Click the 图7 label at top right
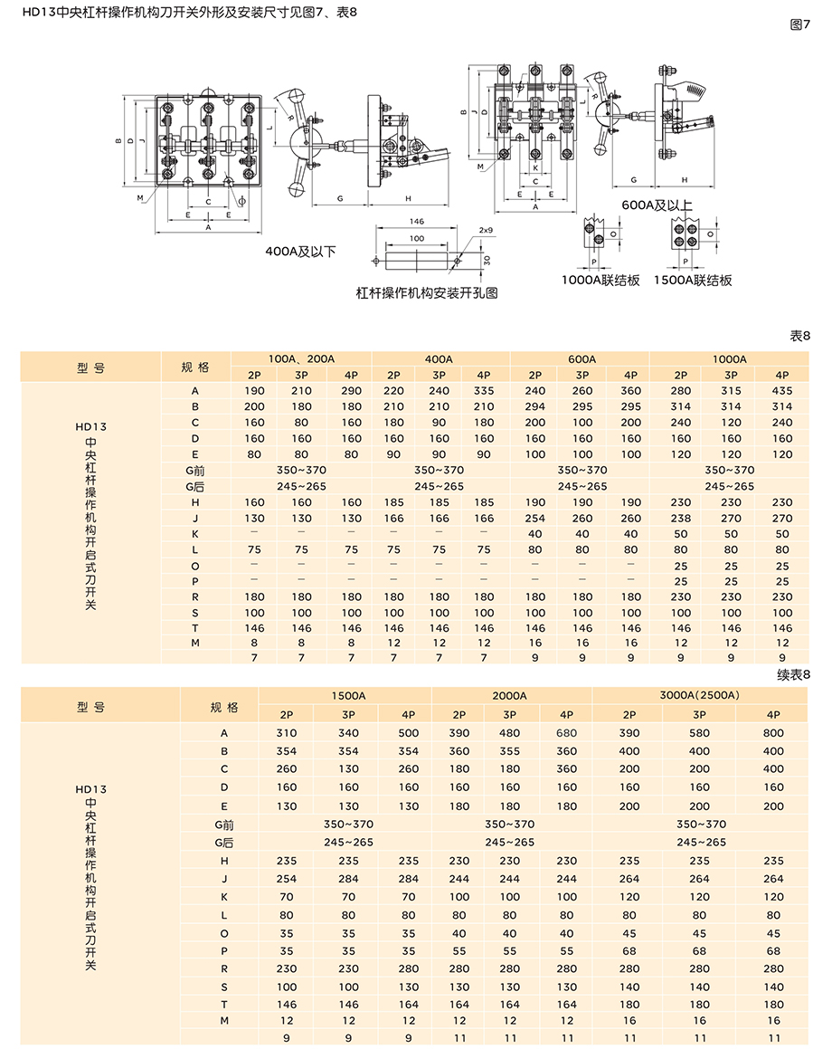799,24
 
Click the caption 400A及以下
300,251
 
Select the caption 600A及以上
657,205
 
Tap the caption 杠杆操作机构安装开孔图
428,293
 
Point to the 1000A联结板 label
600,281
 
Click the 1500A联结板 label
694,281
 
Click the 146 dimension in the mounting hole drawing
416,222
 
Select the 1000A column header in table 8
730,358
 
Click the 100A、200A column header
301,358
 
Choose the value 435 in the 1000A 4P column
782,390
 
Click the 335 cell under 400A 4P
484,390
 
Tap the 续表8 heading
794,674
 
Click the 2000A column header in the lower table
511,695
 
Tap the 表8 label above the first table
800,336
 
